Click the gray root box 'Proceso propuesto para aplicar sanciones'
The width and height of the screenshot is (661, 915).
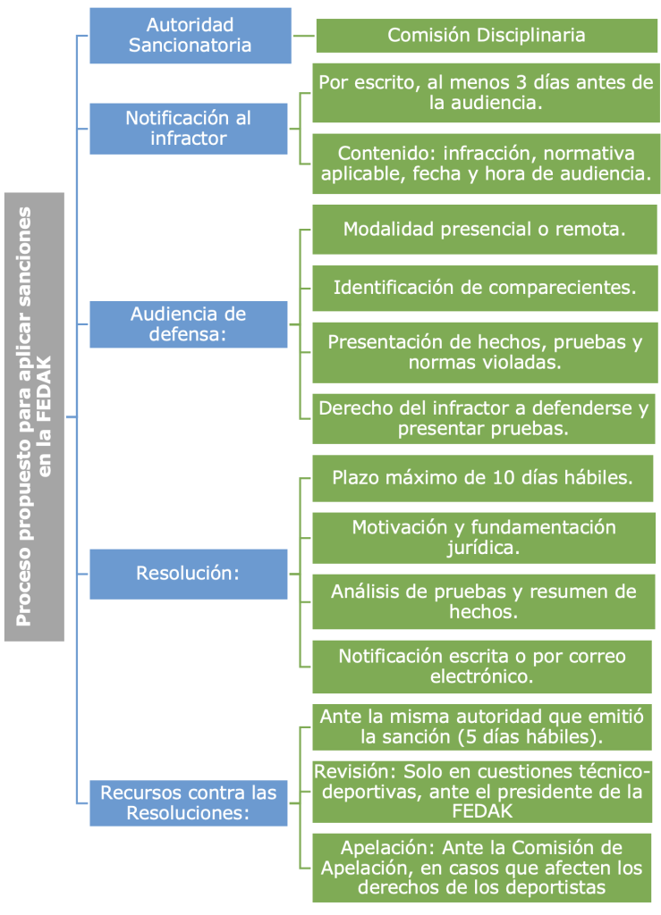point(34,416)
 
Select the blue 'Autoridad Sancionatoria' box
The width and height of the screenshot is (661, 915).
point(190,36)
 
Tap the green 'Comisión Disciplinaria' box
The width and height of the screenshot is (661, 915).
point(486,36)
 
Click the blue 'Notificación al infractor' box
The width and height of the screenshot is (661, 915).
point(188,128)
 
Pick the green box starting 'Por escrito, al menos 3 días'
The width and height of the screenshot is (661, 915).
point(486,92)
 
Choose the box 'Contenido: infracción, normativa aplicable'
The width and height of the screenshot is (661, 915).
point(486,163)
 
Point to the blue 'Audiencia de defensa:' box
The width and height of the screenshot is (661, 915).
point(188,324)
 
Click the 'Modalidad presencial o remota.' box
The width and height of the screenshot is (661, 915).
point(484,229)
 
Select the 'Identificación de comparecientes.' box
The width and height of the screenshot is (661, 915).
point(484,288)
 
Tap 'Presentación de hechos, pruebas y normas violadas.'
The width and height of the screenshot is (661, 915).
point(484,352)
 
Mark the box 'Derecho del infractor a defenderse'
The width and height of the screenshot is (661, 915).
point(483,418)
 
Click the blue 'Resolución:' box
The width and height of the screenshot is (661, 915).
point(188,573)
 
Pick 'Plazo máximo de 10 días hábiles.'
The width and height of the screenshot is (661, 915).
point(482,477)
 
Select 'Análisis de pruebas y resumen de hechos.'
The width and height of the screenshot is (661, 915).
point(483,602)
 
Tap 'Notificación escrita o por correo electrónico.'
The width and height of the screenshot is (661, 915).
point(481,667)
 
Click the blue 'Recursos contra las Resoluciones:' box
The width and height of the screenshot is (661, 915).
point(188,802)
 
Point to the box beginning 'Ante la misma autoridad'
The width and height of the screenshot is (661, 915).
point(481,726)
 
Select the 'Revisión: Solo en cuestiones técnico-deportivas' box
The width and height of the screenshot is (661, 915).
point(481,791)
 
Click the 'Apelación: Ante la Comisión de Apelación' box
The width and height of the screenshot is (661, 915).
point(481,867)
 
